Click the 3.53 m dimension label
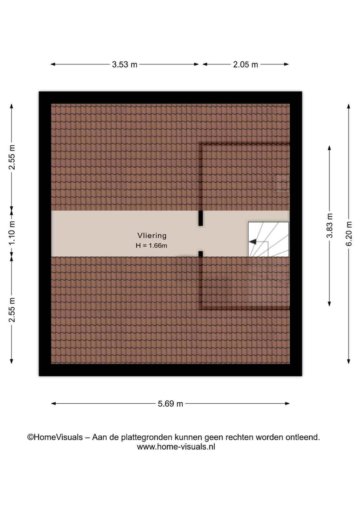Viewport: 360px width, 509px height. (124, 65)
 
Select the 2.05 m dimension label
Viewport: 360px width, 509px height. (246, 65)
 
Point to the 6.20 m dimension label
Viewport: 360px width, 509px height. (349, 234)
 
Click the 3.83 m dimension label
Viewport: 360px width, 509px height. (329, 226)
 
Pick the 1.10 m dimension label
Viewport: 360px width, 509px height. (12, 233)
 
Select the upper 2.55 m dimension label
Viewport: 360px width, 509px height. (12, 157)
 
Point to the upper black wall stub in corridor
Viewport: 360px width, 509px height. (201, 218)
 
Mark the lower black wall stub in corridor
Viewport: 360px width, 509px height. (201, 254)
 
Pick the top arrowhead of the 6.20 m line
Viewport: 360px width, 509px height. (349, 106)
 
